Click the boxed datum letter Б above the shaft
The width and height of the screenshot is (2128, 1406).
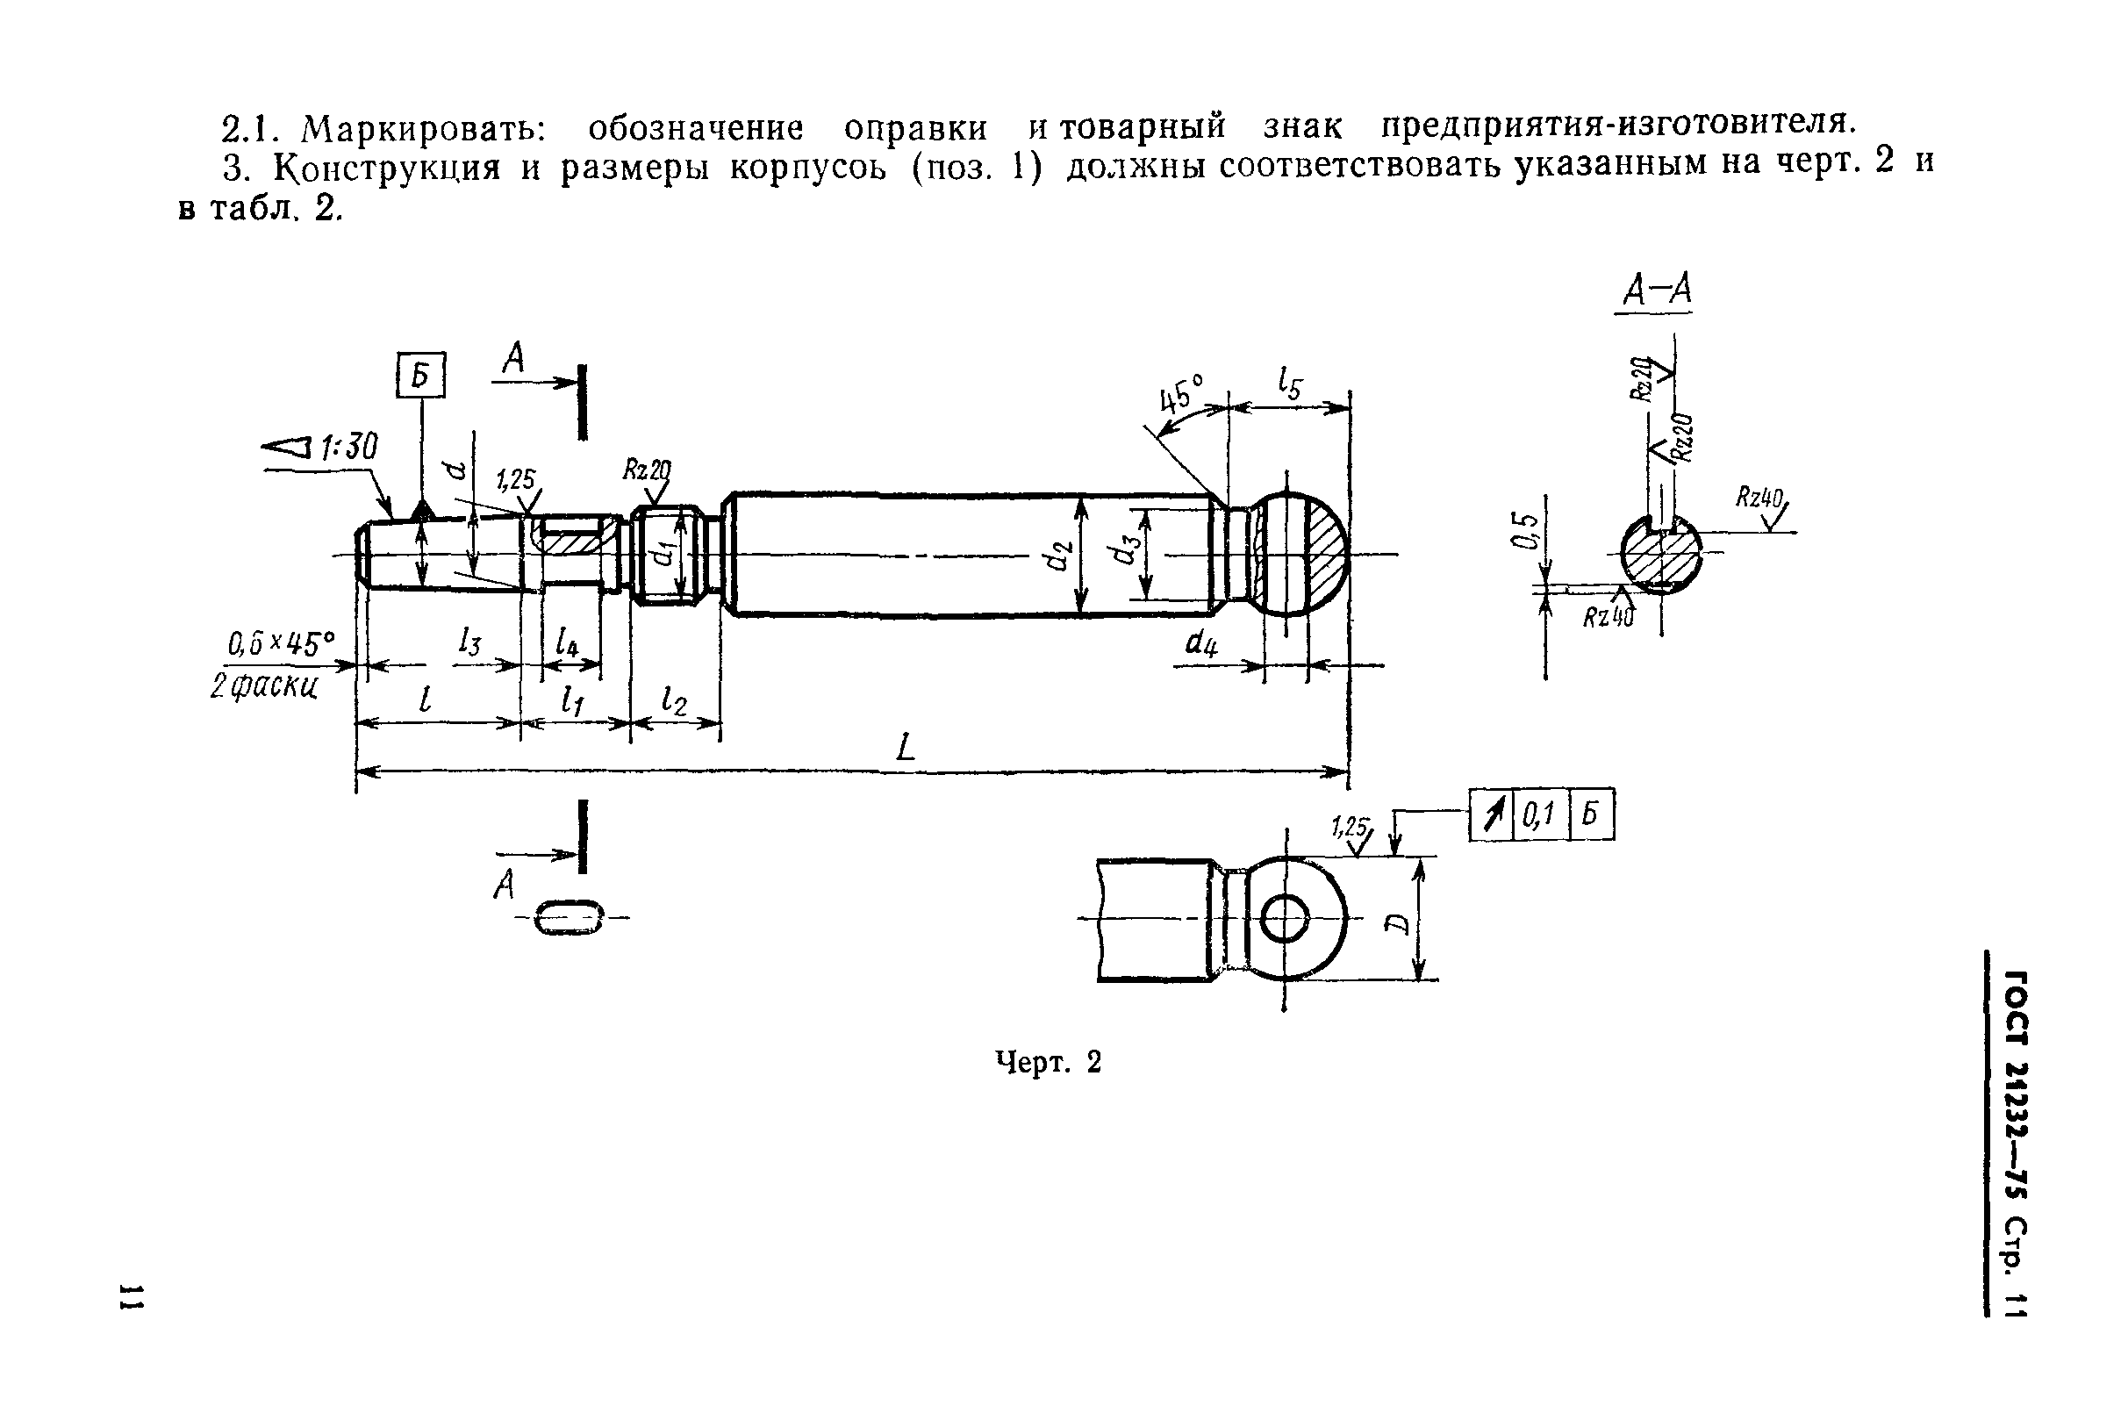point(420,376)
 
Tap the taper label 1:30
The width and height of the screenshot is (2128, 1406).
point(348,447)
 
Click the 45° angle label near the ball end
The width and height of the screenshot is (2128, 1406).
point(1181,394)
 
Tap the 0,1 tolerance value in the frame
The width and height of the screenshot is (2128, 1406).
point(1539,815)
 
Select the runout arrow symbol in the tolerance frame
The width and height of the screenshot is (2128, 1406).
point(1491,815)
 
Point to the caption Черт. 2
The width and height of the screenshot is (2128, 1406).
point(1048,1063)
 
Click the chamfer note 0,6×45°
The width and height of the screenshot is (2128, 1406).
point(281,644)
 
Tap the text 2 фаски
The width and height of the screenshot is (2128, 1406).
point(263,687)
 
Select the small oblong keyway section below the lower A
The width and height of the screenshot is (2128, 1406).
point(569,918)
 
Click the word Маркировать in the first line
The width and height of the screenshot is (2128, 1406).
point(422,128)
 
